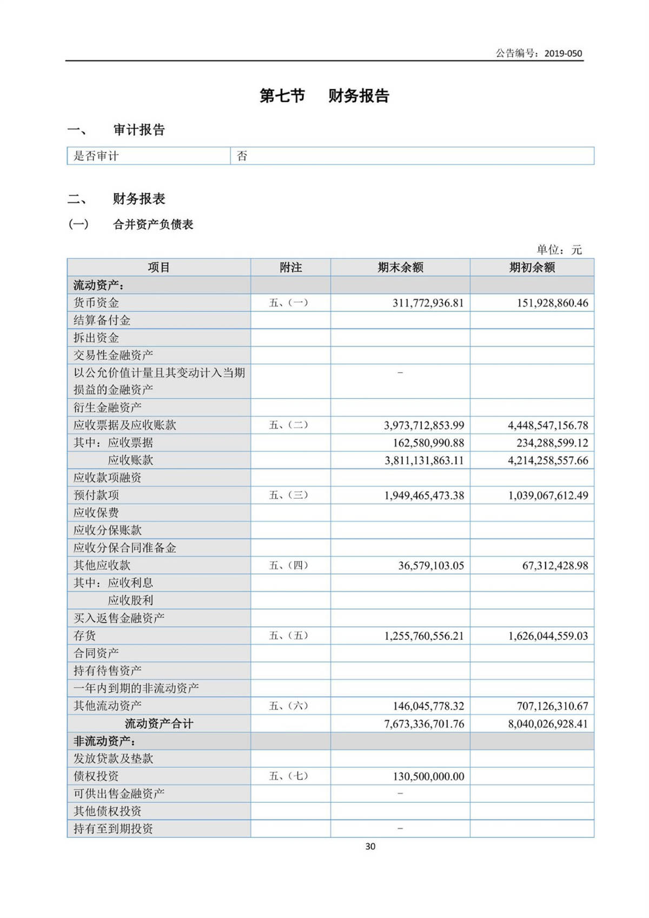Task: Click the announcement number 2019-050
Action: (x=563, y=53)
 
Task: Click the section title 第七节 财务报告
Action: (x=324, y=96)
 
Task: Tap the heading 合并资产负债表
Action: (x=153, y=224)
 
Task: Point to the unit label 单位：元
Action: (x=559, y=249)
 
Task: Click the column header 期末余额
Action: (x=400, y=267)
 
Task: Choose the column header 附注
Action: (x=290, y=267)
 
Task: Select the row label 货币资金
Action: (x=96, y=302)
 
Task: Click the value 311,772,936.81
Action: (x=428, y=303)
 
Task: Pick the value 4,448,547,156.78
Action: (x=548, y=426)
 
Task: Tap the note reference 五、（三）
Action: (x=289, y=495)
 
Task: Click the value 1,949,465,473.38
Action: (x=424, y=496)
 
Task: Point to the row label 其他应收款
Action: (x=102, y=565)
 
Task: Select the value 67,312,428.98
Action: (x=555, y=566)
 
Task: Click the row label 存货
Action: (x=85, y=636)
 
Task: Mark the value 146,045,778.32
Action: (x=428, y=706)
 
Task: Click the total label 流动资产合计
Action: (x=158, y=724)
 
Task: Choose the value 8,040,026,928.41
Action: (x=548, y=724)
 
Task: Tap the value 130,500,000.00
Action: (x=428, y=776)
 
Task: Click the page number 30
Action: (x=370, y=847)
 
